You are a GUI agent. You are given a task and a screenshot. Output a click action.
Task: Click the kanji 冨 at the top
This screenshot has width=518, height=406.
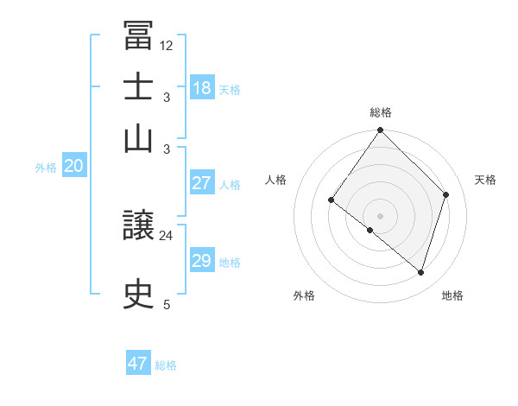(139, 36)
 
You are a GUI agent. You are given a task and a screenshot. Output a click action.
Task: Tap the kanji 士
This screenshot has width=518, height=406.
(139, 87)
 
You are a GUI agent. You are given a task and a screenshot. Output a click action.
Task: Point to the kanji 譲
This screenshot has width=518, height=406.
(139, 228)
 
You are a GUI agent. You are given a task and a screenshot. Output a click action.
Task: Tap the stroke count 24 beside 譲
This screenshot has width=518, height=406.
(167, 234)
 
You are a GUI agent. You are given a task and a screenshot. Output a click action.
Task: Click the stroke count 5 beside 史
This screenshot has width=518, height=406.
(167, 304)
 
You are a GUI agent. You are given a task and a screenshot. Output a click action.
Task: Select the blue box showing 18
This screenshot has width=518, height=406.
(202, 88)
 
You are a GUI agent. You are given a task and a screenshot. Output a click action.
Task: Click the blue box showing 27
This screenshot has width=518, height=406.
(202, 183)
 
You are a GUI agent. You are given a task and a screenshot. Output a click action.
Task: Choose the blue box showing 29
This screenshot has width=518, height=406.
(202, 261)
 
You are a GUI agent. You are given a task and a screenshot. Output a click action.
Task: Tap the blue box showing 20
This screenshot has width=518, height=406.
(73, 167)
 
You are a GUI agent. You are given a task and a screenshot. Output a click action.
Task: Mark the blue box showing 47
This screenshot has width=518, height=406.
(138, 364)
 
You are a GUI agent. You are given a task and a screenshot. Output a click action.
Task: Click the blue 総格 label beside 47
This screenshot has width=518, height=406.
(166, 365)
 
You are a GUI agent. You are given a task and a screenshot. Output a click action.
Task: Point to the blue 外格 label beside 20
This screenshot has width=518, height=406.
(46, 168)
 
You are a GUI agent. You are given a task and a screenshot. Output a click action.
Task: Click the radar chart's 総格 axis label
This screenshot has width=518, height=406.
(381, 112)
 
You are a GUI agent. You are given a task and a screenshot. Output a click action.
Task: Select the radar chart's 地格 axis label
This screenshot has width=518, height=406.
(452, 295)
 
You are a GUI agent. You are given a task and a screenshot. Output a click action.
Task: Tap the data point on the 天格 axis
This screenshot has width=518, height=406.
(446, 194)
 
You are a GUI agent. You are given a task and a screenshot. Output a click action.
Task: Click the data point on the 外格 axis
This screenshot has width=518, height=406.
(370, 231)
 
